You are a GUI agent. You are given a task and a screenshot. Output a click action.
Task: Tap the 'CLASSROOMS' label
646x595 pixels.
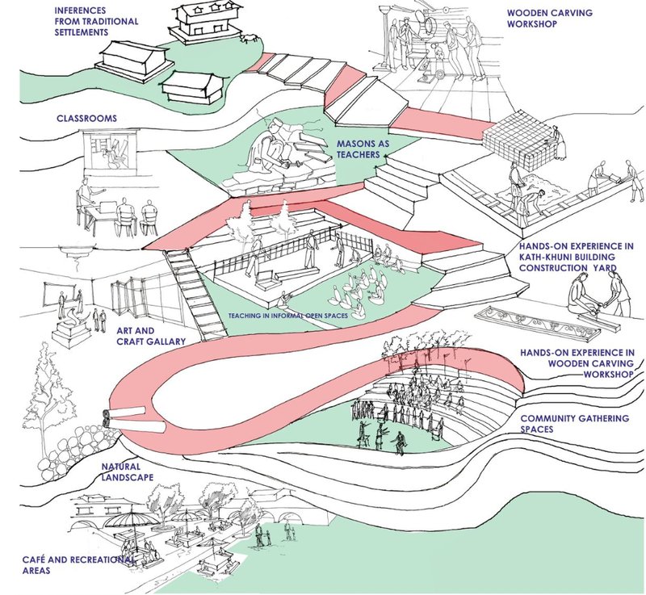tap(86, 119)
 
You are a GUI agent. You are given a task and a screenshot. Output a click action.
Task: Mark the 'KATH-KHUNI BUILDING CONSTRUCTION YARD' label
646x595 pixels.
tap(576, 257)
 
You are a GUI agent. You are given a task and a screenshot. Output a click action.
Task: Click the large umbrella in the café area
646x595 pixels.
tap(130, 516)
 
